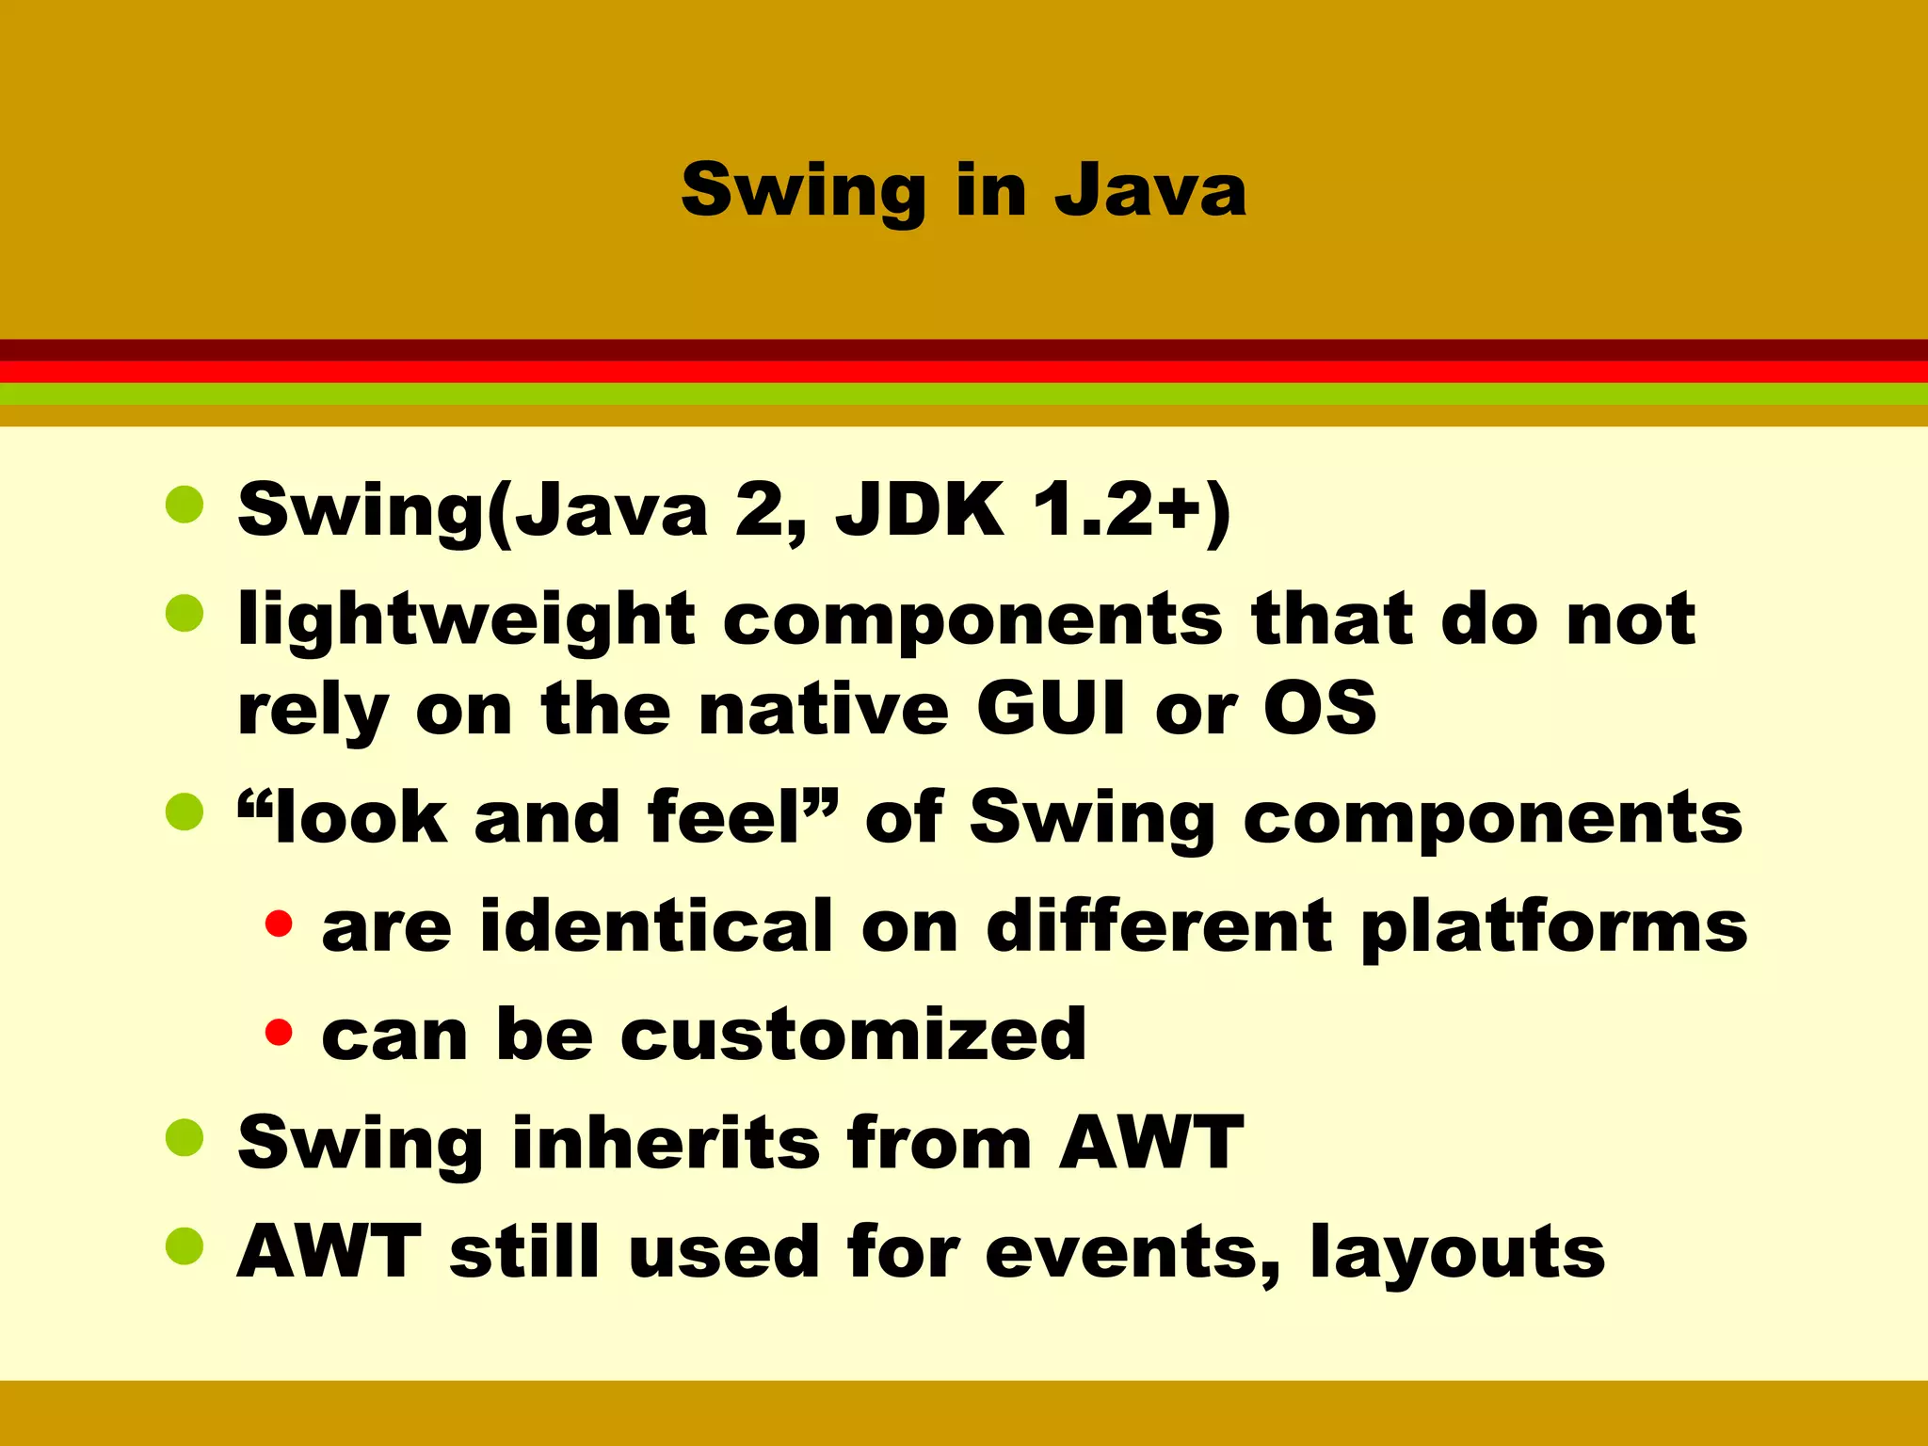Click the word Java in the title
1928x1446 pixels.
pyautogui.click(x=1150, y=191)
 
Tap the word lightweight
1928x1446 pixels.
pyautogui.click(x=467, y=622)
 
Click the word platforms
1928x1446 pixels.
pyautogui.click(x=1554, y=927)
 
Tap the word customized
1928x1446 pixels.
pyautogui.click(x=853, y=1034)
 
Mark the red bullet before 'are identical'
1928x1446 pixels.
pyautogui.click(x=279, y=924)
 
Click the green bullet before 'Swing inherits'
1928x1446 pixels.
pyautogui.click(x=185, y=1137)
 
